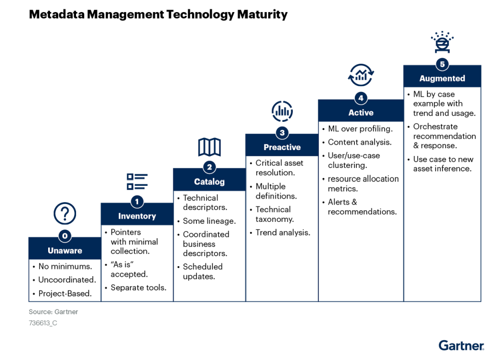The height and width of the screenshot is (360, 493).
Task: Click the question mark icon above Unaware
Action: [x=65, y=213]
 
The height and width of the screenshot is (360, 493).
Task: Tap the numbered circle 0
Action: [x=65, y=236]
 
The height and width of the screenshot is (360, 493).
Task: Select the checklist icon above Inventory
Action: [x=137, y=182]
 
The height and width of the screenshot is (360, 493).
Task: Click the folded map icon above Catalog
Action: [x=209, y=147]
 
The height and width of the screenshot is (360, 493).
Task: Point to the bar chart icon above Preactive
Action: [x=282, y=111]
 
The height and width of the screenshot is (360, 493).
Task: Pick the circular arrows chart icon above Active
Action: [x=361, y=75]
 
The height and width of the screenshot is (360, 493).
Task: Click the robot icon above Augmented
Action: [x=442, y=42]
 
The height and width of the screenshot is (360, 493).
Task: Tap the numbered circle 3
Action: [x=282, y=133]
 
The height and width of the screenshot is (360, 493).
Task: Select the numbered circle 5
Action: [x=442, y=64]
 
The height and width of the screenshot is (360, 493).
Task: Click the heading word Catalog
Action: [x=209, y=182]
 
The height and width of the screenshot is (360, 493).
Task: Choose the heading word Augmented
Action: [x=442, y=78]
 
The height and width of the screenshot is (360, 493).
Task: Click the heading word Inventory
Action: [x=137, y=216]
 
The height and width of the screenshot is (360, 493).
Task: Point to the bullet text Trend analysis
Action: [x=283, y=232]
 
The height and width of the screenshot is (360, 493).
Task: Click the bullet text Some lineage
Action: [x=209, y=221]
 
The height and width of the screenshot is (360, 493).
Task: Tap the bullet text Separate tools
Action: [x=138, y=288]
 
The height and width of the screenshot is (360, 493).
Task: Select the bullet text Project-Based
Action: [x=65, y=294]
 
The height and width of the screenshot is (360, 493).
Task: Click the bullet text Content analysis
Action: [x=360, y=142]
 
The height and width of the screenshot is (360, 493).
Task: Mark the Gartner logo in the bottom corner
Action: [x=462, y=345]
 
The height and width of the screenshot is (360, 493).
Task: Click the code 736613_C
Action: [x=43, y=323]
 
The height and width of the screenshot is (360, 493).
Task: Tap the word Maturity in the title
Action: [x=262, y=14]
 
